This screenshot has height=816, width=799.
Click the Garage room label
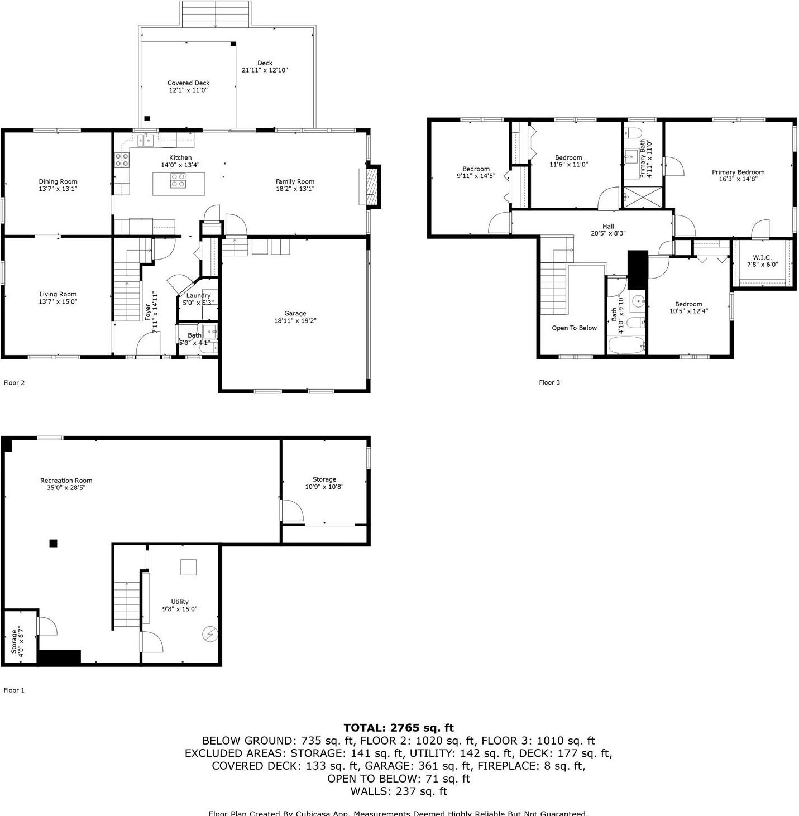pos(295,314)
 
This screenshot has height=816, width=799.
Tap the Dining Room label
pos(58,181)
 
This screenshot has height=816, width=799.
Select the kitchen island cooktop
pos(178,181)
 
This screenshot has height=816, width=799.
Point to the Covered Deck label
pos(188,83)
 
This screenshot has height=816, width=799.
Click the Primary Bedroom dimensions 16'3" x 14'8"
pos(738,179)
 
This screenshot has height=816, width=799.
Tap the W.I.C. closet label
pos(762,257)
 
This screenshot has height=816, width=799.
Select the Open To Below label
pos(574,328)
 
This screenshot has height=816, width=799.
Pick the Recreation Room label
pos(66,481)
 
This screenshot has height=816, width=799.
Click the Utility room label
pos(180,602)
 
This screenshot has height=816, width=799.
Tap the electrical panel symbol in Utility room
pos(210,634)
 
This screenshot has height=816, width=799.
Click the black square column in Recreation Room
pos(54,543)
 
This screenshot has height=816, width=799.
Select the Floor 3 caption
pos(549,382)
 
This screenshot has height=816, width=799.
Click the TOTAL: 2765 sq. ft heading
pos(399,728)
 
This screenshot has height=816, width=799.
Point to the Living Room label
pos(58,294)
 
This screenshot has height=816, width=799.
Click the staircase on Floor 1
pos(127,604)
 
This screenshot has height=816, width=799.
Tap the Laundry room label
pos(198,295)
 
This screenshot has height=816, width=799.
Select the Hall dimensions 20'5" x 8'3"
pos(608,233)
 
